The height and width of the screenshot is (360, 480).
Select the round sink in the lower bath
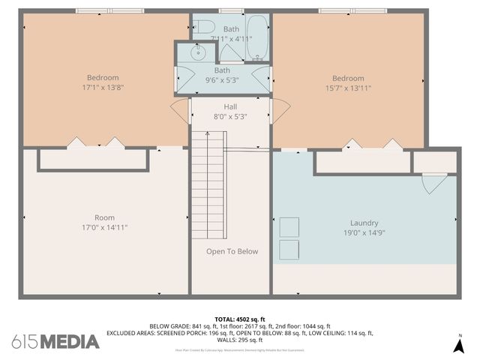point(199,52)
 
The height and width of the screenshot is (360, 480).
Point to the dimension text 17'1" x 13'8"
point(103,88)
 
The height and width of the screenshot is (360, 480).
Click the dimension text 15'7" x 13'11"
point(348,88)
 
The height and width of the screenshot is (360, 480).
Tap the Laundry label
point(364,223)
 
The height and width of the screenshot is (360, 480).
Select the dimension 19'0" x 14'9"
point(364,232)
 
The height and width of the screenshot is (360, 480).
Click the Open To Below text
point(232,251)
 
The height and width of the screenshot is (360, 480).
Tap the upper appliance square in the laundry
point(289,226)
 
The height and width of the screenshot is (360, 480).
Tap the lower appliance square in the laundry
point(289,250)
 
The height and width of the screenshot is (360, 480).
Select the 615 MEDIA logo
point(56,341)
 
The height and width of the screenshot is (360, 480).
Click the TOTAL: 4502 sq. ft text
point(240,319)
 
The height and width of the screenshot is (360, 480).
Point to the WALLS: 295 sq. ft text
point(240,340)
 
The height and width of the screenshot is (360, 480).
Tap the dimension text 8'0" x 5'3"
point(230,116)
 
